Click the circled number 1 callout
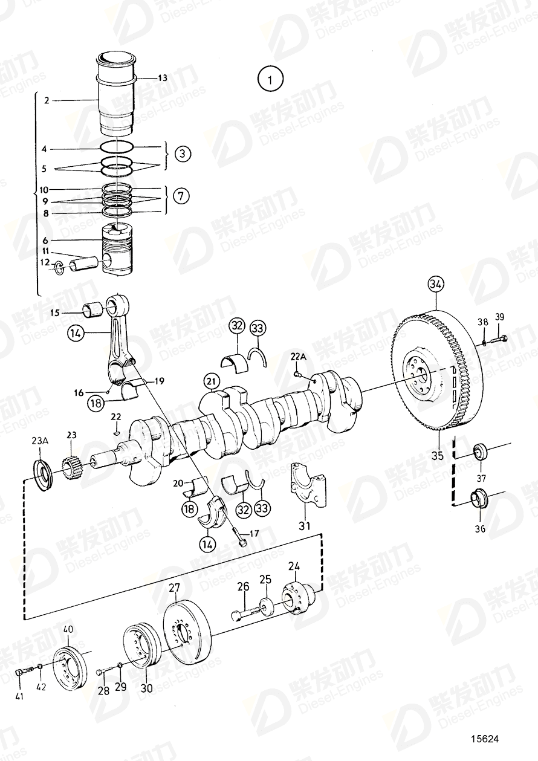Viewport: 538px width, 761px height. (270, 80)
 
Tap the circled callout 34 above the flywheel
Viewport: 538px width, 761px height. (436, 284)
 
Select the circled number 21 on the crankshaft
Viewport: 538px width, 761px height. (211, 382)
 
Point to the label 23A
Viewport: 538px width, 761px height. (41, 441)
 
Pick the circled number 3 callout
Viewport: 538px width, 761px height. (183, 154)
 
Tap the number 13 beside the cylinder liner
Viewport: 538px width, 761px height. (163, 78)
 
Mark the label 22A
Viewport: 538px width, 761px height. (299, 357)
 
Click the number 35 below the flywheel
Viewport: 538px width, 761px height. (438, 456)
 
